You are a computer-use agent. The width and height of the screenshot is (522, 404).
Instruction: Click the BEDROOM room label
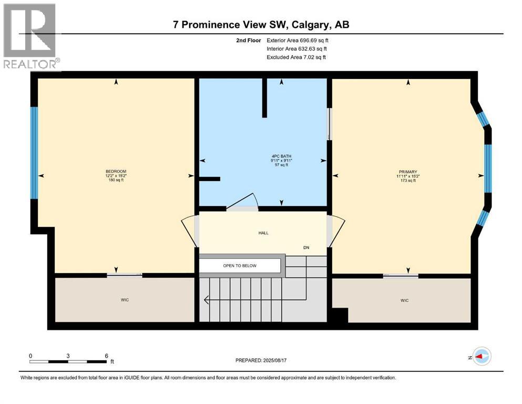pyautogui.click(x=116, y=171)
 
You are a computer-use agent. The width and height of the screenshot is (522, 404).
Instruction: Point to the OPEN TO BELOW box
pyautogui.click(x=240, y=266)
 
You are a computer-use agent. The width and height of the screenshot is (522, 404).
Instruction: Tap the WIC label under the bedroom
pyautogui.click(x=125, y=300)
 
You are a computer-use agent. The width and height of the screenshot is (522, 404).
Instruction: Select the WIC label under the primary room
pyautogui.click(x=404, y=300)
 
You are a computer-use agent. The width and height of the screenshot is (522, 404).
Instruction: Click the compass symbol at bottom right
pyautogui.click(x=481, y=356)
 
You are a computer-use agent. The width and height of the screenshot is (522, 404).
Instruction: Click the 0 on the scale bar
pyautogui.click(x=30, y=355)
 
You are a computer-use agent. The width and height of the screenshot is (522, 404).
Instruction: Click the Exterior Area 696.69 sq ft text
pyautogui.click(x=300, y=40)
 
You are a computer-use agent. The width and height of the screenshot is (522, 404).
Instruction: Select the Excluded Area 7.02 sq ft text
pyautogui.click(x=296, y=57)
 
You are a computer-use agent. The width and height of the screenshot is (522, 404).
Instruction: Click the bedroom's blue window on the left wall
pyautogui.click(x=34, y=153)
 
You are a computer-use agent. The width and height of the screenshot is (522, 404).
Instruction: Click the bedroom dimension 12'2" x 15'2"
pyautogui.click(x=116, y=176)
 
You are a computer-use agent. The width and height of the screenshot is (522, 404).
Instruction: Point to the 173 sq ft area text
pyautogui.click(x=407, y=180)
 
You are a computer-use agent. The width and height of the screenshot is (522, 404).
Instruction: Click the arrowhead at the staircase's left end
pyautogui.click(x=207, y=300)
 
